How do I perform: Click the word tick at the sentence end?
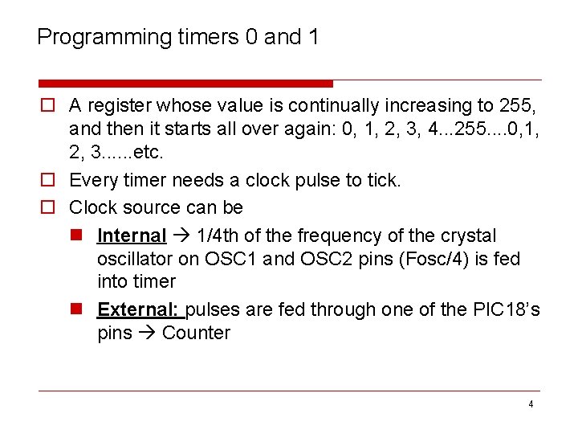point(382,181)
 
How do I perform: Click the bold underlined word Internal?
point(132,235)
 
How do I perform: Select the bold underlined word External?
point(140,309)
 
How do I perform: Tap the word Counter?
point(196,333)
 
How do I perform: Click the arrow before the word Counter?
point(147,333)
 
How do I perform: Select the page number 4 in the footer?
point(530,404)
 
